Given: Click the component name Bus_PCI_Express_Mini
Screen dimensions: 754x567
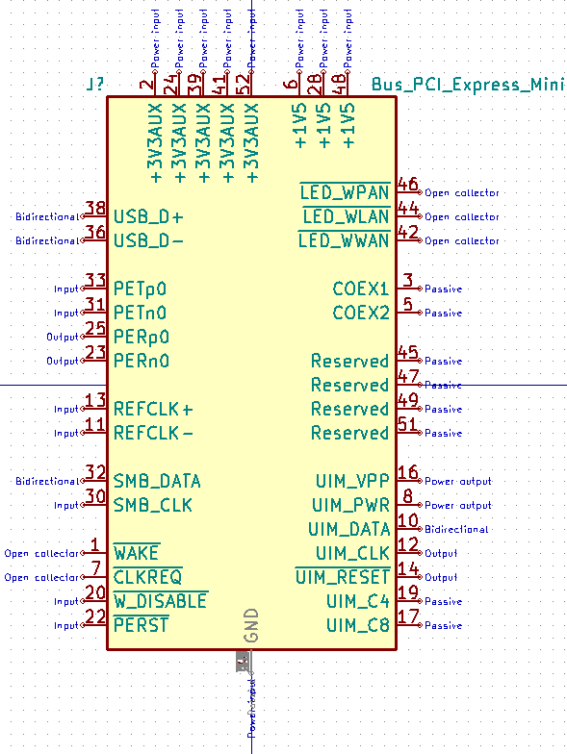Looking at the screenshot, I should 467,85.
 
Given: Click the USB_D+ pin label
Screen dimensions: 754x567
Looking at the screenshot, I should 148,216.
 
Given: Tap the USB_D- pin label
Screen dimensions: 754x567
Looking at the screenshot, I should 148,240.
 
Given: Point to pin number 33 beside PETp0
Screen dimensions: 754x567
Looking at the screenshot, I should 95,281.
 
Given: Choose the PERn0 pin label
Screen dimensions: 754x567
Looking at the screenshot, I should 142,362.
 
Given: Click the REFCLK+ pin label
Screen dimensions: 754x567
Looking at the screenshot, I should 153,409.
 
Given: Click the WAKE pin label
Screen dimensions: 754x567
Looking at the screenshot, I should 136,553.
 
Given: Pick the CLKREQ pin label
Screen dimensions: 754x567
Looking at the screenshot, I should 147,577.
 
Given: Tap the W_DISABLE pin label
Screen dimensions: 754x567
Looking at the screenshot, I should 160,601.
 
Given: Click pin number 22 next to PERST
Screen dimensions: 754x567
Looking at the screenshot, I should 95,617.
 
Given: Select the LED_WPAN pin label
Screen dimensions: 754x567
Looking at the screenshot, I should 345,192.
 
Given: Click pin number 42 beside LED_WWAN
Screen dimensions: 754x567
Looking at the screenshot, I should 408,233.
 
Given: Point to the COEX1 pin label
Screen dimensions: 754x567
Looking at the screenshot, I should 361,289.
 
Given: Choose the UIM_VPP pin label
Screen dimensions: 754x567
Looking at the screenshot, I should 352,481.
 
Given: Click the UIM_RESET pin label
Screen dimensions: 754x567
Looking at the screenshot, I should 343,577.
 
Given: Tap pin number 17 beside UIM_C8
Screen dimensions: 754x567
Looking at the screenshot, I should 408,617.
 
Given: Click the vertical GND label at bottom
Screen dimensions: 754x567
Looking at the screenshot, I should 251,625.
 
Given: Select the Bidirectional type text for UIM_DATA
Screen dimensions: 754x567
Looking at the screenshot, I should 456,529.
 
